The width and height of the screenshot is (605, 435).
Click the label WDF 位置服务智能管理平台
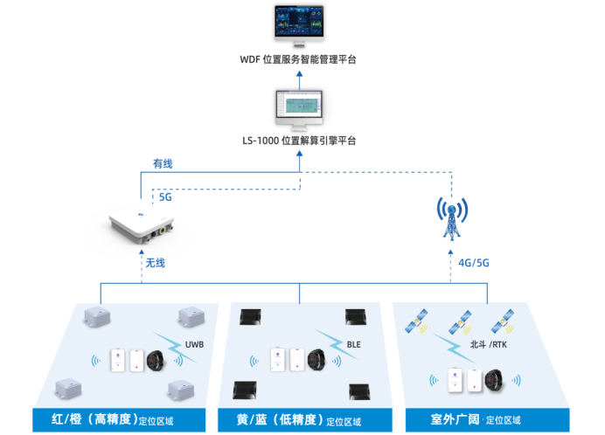click(298, 60)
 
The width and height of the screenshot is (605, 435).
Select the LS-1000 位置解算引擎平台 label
click(299, 141)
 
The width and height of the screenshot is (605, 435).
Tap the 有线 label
click(163, 163)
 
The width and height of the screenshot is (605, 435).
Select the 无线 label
click(156, 262)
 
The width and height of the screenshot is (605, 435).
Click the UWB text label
click(194, 344)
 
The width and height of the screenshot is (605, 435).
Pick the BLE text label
click(353, 345)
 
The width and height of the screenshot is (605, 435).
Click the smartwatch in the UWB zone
click(157, 359)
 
